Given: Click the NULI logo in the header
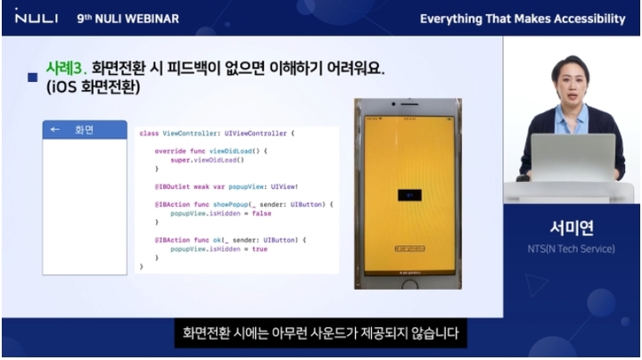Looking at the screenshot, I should [34, 18].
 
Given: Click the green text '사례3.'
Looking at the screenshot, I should [66, 68].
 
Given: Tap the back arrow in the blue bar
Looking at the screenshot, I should [55, 130].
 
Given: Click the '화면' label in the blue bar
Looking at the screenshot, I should [85, 130].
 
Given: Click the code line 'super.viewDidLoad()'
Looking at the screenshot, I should [207, 159].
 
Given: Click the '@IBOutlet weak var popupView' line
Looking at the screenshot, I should [226, 186].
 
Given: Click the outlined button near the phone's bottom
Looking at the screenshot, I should [409, 250].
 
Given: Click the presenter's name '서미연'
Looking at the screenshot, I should [572, 225].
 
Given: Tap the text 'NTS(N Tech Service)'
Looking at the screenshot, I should [572, 249].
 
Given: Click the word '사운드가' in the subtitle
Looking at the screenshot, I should [356, 335].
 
